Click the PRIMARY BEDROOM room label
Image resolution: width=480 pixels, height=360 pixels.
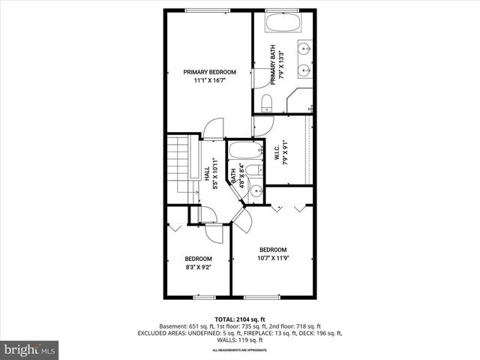209,72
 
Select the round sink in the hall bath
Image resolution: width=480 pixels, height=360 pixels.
255,190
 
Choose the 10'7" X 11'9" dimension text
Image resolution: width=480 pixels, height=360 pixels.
273,259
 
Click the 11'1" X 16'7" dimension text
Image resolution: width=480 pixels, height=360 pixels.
209,81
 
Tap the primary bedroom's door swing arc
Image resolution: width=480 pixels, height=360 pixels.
213,127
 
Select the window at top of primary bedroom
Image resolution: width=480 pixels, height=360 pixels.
208,10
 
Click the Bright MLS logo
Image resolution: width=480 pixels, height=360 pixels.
30,349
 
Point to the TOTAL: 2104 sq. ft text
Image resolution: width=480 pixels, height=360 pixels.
239,319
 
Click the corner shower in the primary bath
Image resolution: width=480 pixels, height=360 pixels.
300,99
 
